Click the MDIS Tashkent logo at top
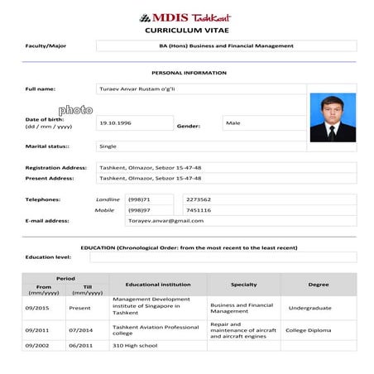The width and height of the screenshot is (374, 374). [x=185, y=17]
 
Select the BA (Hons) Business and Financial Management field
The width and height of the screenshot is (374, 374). [x=225, y=46]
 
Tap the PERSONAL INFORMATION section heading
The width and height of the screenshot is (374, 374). [x=194, y=73]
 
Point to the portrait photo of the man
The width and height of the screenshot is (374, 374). [x=333, y=117]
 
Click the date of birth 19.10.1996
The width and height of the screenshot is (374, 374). [x=116, y=122]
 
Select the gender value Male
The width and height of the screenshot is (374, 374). [x=233, y=122]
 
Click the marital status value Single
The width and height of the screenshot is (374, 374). [x=108, y=146]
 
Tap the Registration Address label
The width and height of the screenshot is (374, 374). [x=55, y=167]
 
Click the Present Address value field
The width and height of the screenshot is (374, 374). [x=151, y=178]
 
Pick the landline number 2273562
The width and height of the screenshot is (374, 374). [x=199, y=199]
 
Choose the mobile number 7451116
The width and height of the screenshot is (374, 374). [x=199, y=210]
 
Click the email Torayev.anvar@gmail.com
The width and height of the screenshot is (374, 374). [x=165, y=221]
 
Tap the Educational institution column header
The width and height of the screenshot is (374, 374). [x=158, y=284]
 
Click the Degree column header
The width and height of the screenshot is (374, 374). [x=319, y=284]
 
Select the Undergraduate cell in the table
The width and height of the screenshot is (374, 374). [x=310, y=308]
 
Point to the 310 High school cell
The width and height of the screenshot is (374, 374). [x=134, y=346]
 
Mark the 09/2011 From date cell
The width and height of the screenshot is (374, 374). [x=37, y=330]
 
